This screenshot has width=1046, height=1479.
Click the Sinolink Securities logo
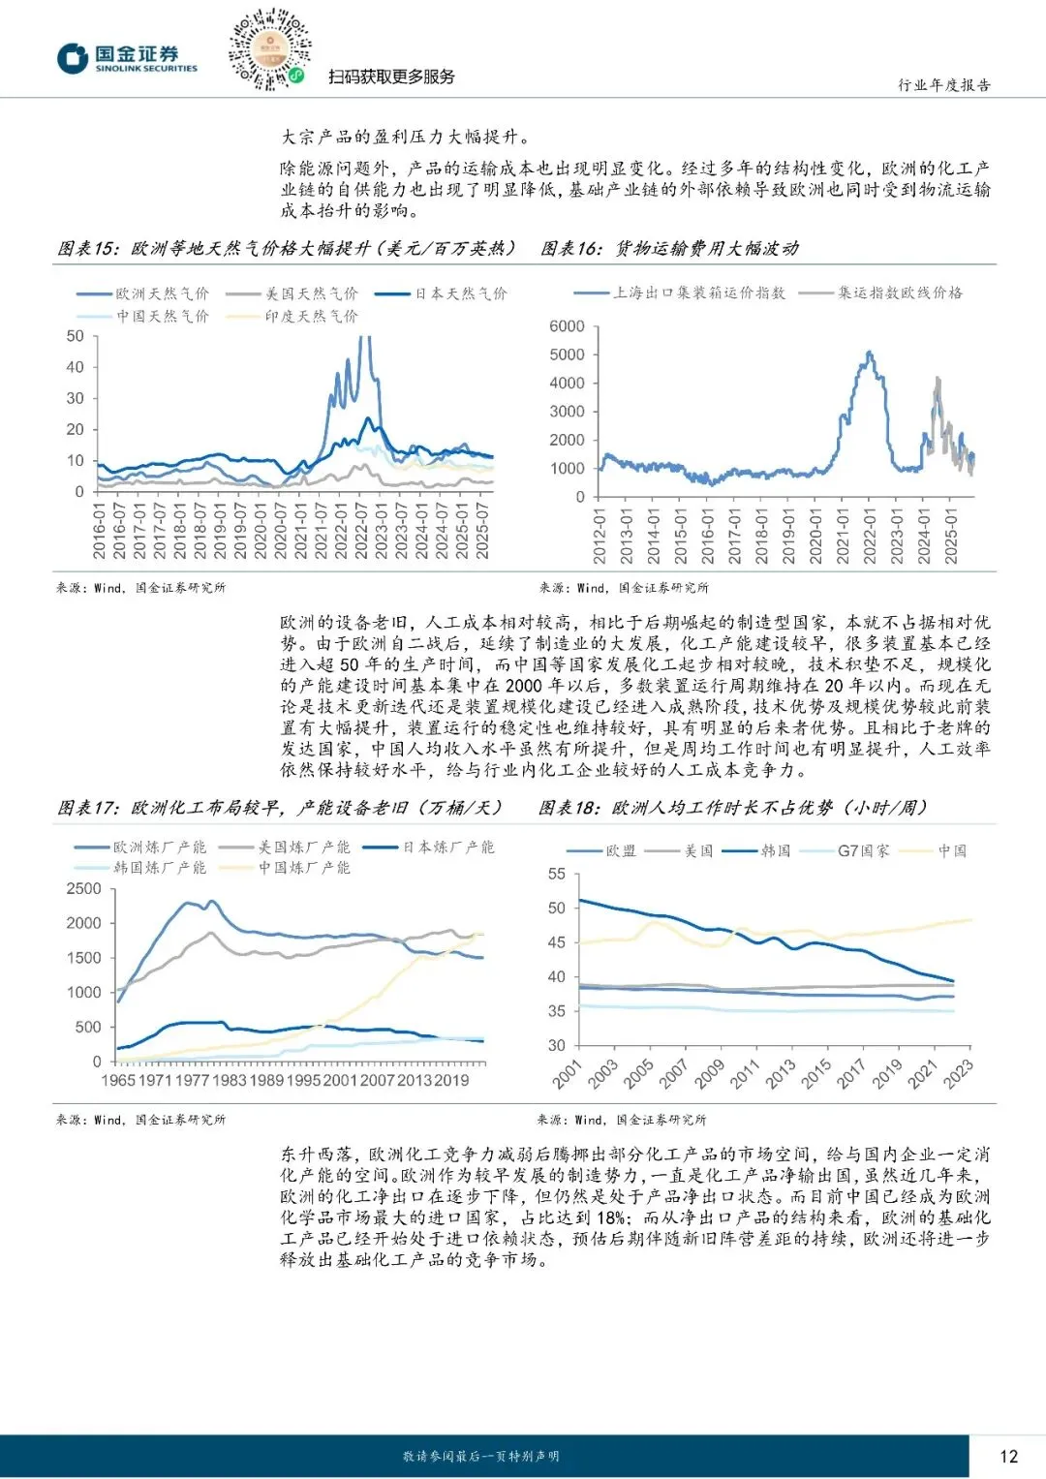click(126, 58)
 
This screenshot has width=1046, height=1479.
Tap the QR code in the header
click(269, 48)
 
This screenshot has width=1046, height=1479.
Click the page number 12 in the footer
click(1008, 1456)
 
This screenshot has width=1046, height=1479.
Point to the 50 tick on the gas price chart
click(76, 336)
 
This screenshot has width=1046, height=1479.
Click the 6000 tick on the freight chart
click(567, 326)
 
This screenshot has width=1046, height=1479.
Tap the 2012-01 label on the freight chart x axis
click(600, 536)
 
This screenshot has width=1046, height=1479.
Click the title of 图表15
click(287, 249)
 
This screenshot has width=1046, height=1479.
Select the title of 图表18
click(733, 808)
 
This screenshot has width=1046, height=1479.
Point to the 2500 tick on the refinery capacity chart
click(84, 889)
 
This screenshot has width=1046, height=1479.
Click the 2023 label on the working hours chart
click(958, 1073)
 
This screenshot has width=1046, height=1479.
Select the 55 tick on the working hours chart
click(557, 874)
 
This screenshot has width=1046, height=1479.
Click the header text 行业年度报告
click(944, 85)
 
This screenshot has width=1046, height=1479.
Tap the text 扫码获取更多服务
click(391, 77)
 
